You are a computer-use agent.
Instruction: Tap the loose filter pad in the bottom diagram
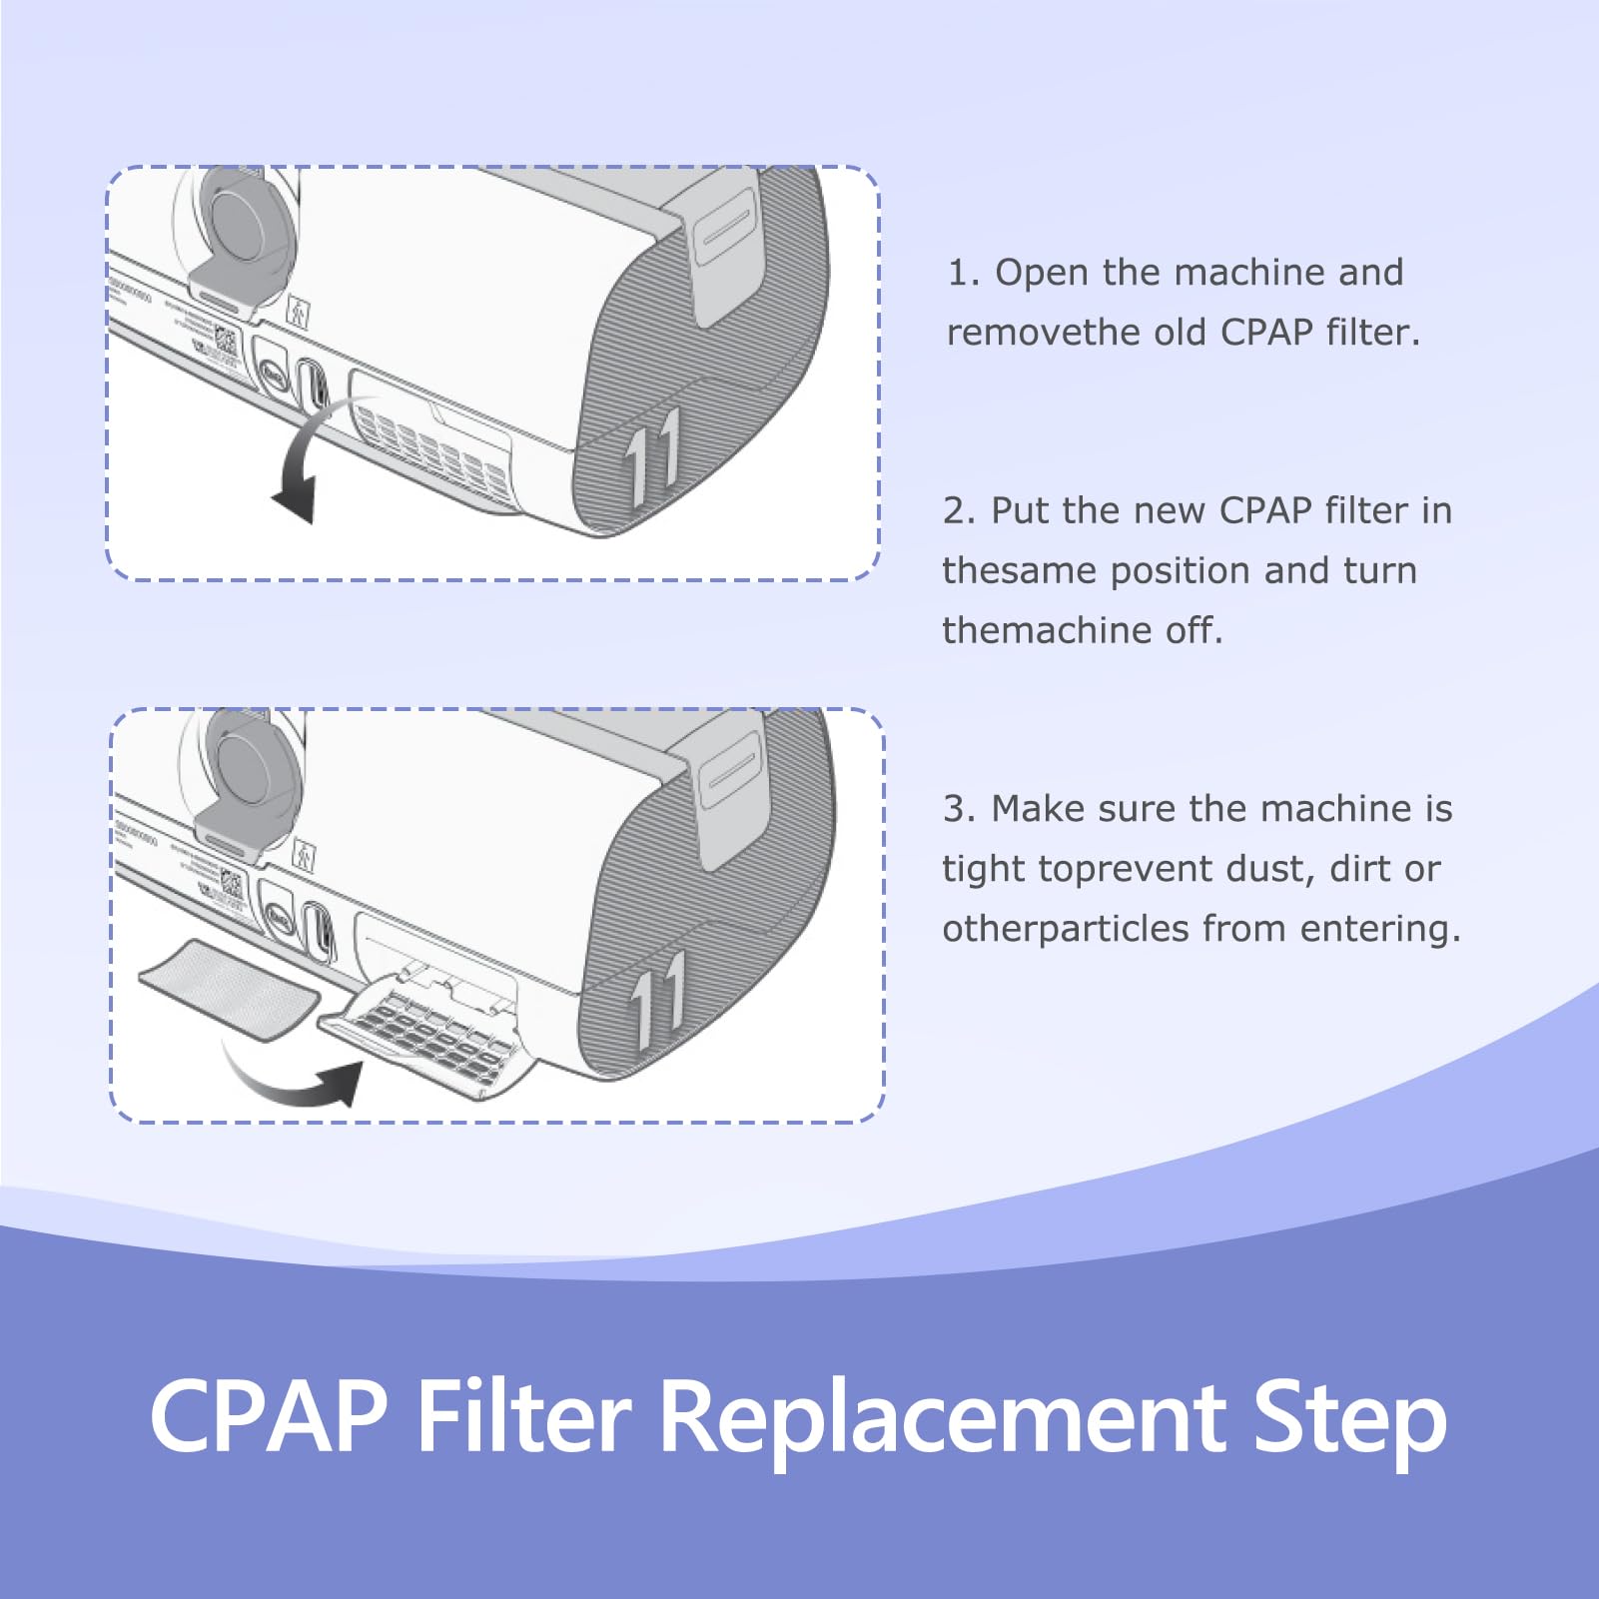point(229,989)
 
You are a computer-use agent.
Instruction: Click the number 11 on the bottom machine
point(660,999)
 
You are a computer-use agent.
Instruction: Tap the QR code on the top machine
point(226,343)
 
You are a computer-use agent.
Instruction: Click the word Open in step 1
point(1040,273)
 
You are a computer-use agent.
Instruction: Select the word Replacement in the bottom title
point(944,1417)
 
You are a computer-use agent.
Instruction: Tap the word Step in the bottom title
point(1348,1417)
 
